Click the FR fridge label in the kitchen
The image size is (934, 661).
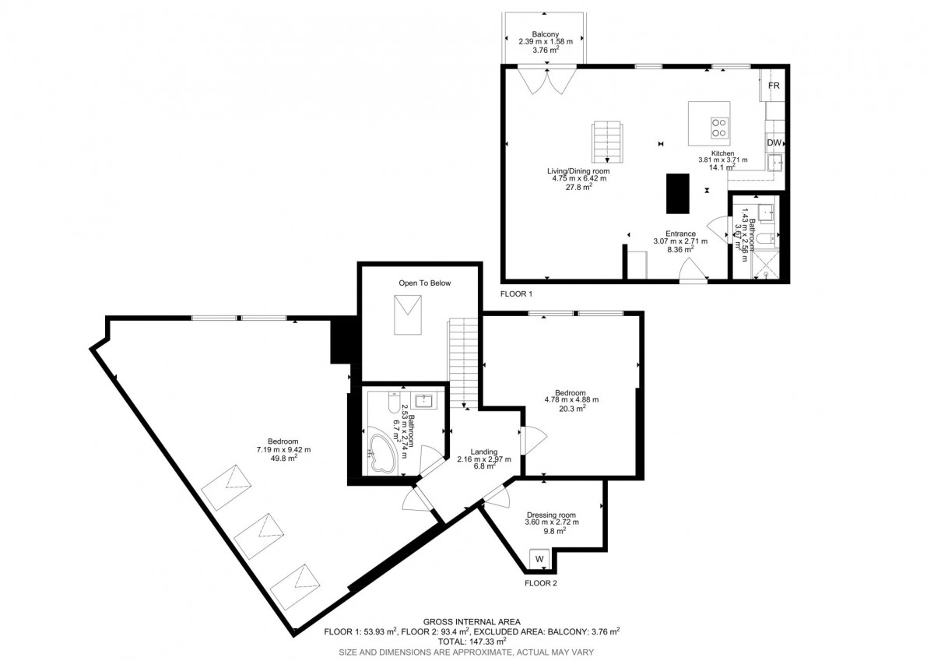[774, 86]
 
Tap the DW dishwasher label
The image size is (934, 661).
[774, 142]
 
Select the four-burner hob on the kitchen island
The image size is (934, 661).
[719, 128]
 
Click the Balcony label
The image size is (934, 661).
[546, 34]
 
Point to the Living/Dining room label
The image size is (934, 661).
[578, 171]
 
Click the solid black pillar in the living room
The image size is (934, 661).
[678, 194]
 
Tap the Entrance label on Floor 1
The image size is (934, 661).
[680, 234]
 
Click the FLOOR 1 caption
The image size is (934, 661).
[516, 294]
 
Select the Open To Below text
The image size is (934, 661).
[424, 283]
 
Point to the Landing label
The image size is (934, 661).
[483, 452]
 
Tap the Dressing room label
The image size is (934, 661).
[551, 515]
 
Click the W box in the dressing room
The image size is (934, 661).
[539, 559]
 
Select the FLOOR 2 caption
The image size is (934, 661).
[541, 583]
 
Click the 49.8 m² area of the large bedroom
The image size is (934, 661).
[284, 459]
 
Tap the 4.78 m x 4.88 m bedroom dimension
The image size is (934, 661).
[571, 399]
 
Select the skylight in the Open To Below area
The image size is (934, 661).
[408, 315]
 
